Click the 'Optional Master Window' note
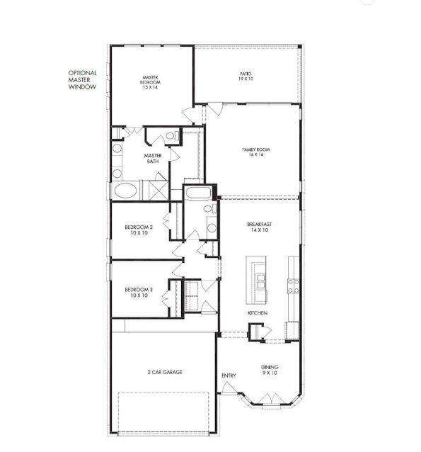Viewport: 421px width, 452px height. point(82,83)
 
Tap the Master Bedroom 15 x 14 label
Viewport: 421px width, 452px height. point(150,82)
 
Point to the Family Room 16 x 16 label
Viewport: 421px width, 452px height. point(257,153)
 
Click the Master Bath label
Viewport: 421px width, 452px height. point(153,159)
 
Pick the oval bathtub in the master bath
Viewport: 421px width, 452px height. point(126,191)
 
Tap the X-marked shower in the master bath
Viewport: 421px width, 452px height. point(154,191)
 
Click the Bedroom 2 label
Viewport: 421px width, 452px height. point(139,230)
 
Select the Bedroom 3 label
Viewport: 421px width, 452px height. point(139,292)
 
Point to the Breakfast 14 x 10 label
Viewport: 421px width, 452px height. point(260,227)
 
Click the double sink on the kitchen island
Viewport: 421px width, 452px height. point(259,281)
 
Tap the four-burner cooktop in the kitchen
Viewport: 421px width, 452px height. point(293,285)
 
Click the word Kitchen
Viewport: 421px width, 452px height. point(256,312)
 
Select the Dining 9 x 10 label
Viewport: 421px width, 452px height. point(270,370)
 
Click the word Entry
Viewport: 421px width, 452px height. point(229,375)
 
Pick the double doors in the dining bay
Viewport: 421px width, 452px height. point(270,398)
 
